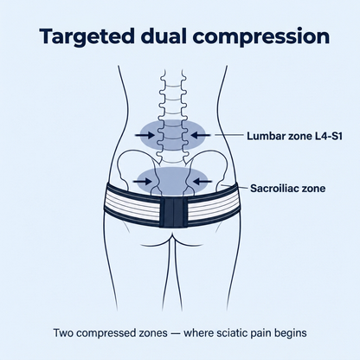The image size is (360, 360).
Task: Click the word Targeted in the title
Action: click(87, 37)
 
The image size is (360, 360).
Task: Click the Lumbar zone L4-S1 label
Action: click(294, 136)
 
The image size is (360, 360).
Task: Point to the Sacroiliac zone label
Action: click(288, 189)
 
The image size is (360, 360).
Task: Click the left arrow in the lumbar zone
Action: click(145, 135)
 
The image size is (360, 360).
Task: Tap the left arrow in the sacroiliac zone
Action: click(142, 182)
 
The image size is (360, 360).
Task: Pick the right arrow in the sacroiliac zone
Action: click(202, 182)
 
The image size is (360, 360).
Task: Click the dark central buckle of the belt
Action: click(174, 212)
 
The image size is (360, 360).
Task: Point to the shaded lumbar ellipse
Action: click(173, 135)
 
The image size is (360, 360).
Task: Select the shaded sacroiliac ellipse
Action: click(172, 182)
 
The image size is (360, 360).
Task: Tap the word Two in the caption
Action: click(63, 333)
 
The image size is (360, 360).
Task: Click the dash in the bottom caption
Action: click(176, 334)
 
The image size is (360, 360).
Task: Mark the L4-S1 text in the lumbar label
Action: click(327, 136)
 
